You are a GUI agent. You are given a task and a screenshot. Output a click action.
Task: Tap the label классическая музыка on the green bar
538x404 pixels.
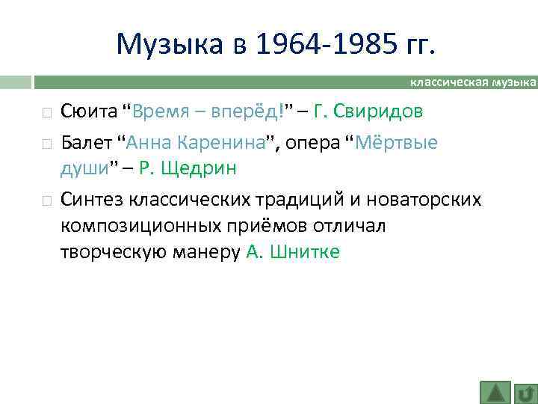pyautogui.click(x=474, y=81)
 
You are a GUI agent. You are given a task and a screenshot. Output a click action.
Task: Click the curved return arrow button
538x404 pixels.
pyautogui.click(x=526, y=392)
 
